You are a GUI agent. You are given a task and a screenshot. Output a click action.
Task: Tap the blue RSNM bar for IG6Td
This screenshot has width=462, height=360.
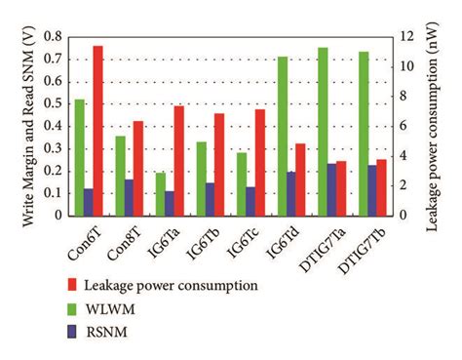290,194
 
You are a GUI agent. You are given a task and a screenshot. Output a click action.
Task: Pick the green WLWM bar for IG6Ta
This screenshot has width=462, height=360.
160,194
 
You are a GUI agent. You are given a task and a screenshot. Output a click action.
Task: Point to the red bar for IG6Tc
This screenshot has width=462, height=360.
260,162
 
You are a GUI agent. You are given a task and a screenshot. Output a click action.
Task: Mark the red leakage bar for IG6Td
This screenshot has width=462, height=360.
300,180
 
